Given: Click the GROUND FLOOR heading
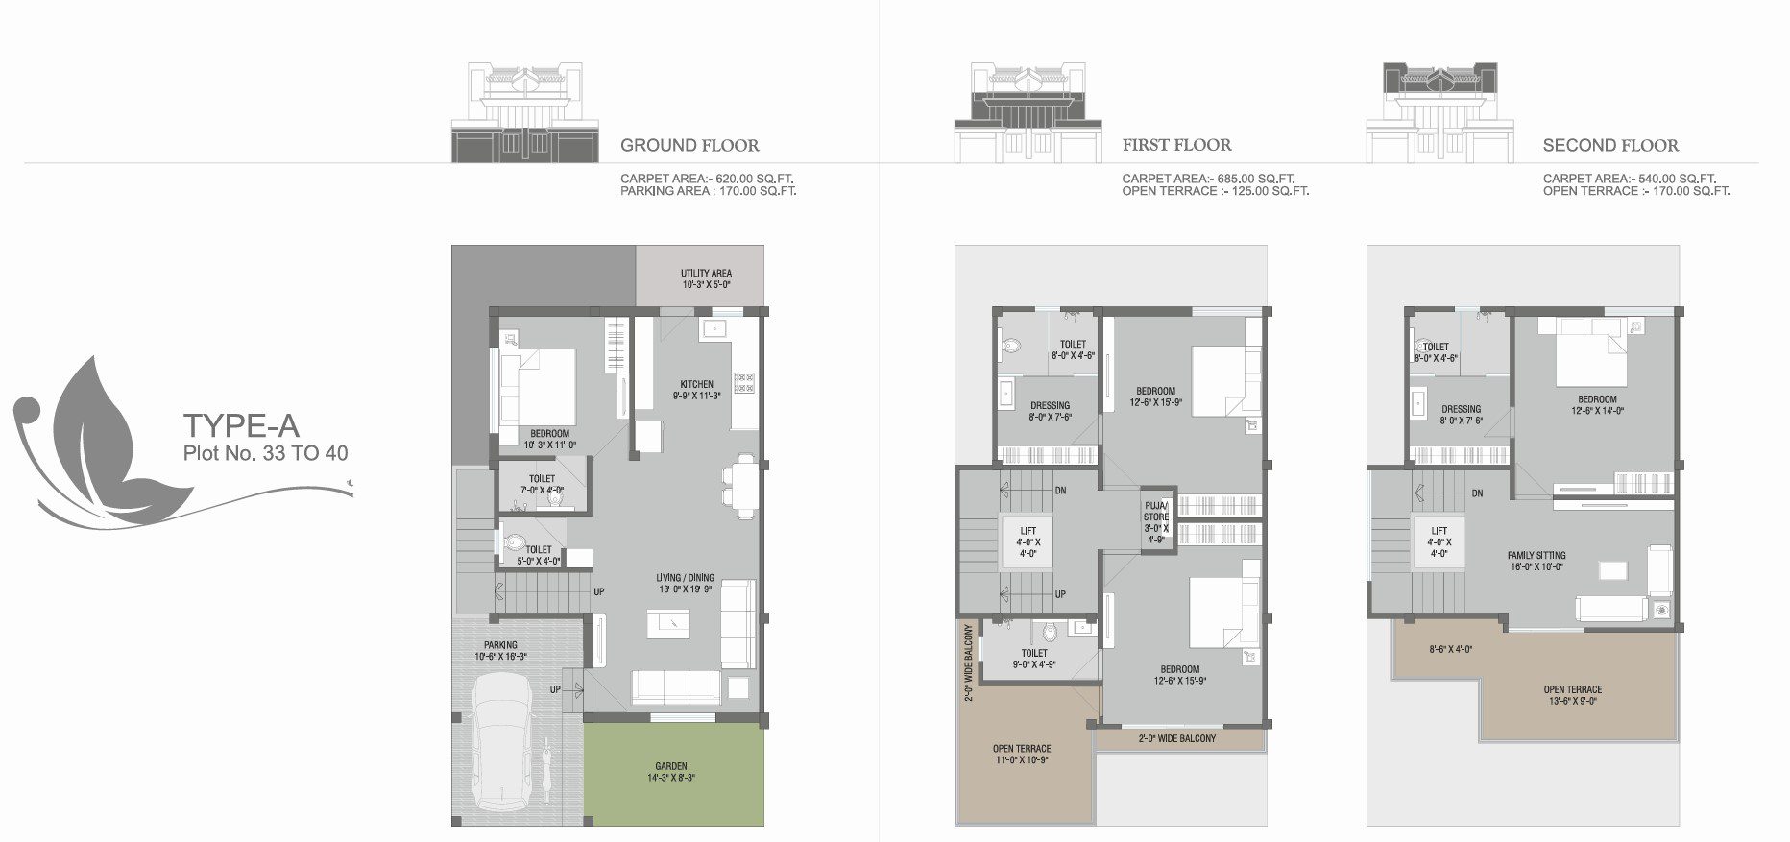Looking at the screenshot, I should [689, 146].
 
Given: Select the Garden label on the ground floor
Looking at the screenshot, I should [671, 772].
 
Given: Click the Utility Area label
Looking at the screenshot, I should [706, 278].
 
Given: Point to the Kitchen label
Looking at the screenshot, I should [697, 390].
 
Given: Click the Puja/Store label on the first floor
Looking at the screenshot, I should [1156, 521].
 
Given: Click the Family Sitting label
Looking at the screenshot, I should [1536, 561].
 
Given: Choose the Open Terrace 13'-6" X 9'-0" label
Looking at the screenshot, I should [1572, 695].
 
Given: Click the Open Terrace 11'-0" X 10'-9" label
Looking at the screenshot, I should [1022, 755].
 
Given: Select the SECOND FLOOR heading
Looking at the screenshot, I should [1610, 146].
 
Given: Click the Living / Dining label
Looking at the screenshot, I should [685, 584].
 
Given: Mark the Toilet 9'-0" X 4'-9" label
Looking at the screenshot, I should [1034, 659].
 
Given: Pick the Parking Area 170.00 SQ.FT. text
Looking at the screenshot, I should [708, 191].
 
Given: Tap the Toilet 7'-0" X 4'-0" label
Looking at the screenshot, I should [541, 484].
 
